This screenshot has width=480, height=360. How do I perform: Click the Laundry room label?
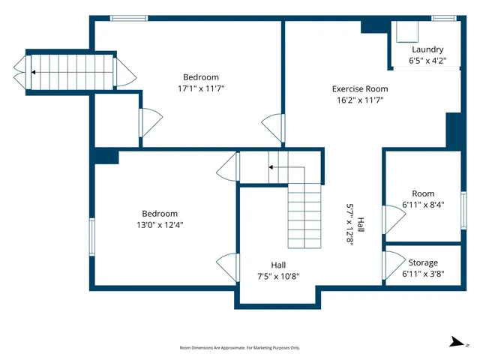tap(427, 49)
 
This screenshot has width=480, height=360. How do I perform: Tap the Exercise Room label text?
tap(360, 88)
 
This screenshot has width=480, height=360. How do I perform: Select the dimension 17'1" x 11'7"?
tap(200, 88)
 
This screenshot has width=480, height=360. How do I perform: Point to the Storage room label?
tap(423, 262)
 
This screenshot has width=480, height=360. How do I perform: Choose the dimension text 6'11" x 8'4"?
tap(423, 205)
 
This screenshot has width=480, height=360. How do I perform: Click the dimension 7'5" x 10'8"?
tap(278, 276)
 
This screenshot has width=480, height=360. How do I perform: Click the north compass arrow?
tap(457, 342)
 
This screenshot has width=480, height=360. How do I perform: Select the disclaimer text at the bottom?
tap(239, 348)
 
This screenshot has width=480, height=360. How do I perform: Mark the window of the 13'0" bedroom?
tap(92, 237)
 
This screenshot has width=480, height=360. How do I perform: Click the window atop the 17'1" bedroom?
tap(124, 18)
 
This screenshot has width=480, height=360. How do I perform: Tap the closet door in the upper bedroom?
tap(150, 121)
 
